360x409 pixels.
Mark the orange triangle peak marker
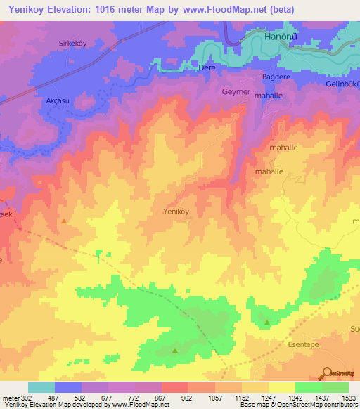click(65, 221)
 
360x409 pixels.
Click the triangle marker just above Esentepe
click(267, 323)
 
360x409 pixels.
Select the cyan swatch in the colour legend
click(41, 387)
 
